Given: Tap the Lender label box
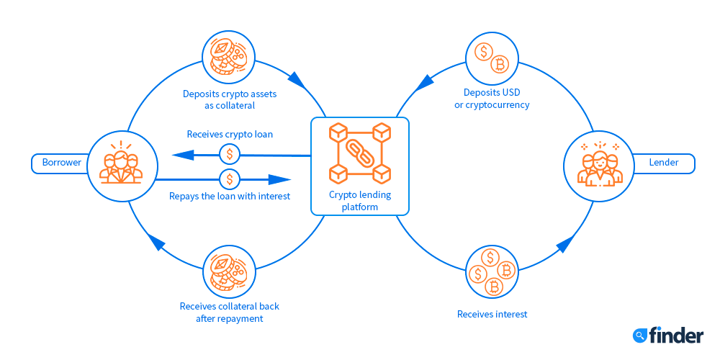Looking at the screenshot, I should (663, 163).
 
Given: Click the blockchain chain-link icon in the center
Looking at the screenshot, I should (359, 153).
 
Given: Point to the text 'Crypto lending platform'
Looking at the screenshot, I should (359, 200).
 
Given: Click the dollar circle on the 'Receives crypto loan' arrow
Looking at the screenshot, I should (230, 154).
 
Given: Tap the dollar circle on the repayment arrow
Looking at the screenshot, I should (230, 179).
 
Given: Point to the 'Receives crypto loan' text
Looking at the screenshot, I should (230, 135).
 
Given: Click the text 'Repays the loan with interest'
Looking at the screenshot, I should (230, 196).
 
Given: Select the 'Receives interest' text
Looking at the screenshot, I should (492, 314).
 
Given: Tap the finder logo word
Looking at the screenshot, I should (676, 335).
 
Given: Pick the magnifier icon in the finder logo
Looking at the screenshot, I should (639, 335).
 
